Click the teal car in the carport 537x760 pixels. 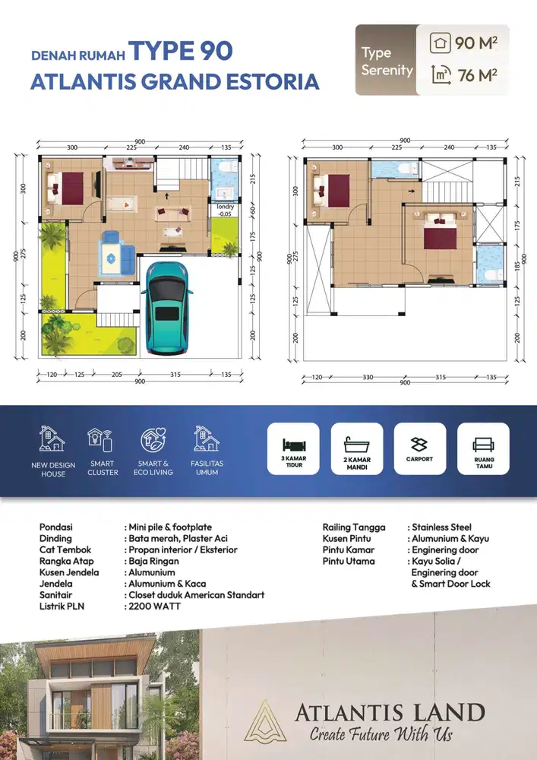point(167,307)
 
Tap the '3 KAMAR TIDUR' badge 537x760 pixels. point(293,448)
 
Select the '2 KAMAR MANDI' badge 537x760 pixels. point(356,448)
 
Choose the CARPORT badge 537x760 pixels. point(419,448)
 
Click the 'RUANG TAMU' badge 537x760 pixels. point(483,448)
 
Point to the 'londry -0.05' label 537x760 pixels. point(225,210)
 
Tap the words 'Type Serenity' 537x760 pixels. point(387,62)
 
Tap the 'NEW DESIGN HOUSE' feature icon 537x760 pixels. point(52,439)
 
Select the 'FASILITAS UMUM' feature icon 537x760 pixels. point(207,439)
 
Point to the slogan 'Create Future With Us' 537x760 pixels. point(381,734)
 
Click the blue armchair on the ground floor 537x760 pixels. point(115,254)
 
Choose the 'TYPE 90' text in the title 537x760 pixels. point(180,52)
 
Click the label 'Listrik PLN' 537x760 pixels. point(63,606)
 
